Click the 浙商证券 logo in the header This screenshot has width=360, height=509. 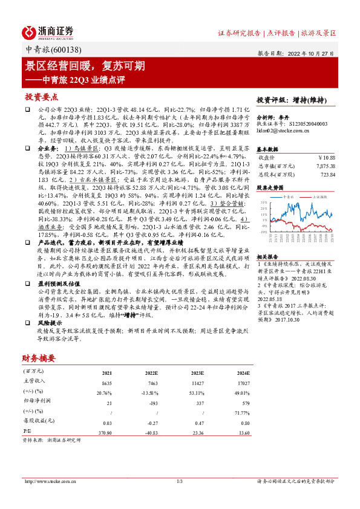click(x=48, y=31)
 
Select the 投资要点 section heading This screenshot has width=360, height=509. click(x=41, y=97)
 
